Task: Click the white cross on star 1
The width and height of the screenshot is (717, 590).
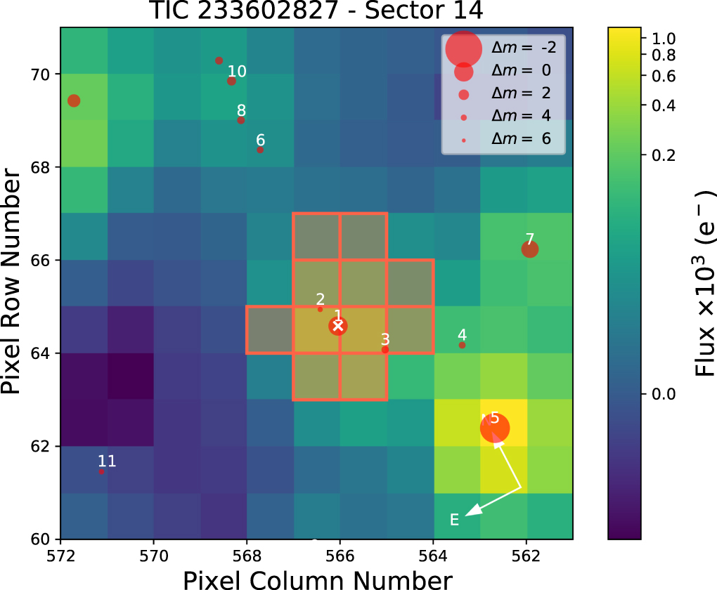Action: (338, 325)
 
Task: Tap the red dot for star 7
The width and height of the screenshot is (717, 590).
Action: (530, 249)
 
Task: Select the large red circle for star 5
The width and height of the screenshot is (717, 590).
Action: (495, 428)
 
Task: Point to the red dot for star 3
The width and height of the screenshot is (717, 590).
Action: (385, 350)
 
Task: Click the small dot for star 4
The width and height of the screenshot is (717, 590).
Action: (462, 345)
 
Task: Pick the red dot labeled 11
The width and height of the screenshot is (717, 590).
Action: (101, 471)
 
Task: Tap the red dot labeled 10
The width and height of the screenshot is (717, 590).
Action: (231, 81)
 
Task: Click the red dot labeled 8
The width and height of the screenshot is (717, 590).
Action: (241, 120)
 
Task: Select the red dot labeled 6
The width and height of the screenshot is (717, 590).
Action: (260, 150)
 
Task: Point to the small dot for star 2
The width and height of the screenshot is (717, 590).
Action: (321, 309)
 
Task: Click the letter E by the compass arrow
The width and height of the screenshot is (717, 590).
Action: (454, 520)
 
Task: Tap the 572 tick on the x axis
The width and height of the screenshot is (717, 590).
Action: (61, 555)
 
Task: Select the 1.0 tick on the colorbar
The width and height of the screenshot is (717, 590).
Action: (664, 39)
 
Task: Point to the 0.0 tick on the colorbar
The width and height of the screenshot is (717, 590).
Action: (664, 393)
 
